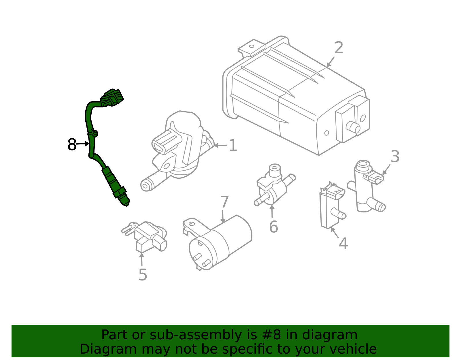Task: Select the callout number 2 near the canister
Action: point(339,48)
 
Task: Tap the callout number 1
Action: point(233,146)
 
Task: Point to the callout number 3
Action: point(395,157)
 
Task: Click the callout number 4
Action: point(343,244)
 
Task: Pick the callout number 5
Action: point(143,275)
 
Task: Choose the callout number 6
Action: point(273,227)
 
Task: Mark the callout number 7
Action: point(224,202)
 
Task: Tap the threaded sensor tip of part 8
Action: point(124,201)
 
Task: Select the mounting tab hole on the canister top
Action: point(252,46)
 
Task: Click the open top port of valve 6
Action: point(275,167)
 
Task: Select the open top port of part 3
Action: point(362,165)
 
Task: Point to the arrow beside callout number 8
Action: point(84,144)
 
